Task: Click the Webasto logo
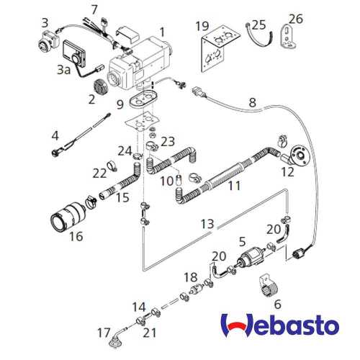pos(279,328)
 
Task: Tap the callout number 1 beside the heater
pos(162,32)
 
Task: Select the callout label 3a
pos(64,70)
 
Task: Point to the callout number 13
pos(207,225)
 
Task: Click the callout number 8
pos(252,102)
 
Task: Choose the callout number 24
pos(125,150)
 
